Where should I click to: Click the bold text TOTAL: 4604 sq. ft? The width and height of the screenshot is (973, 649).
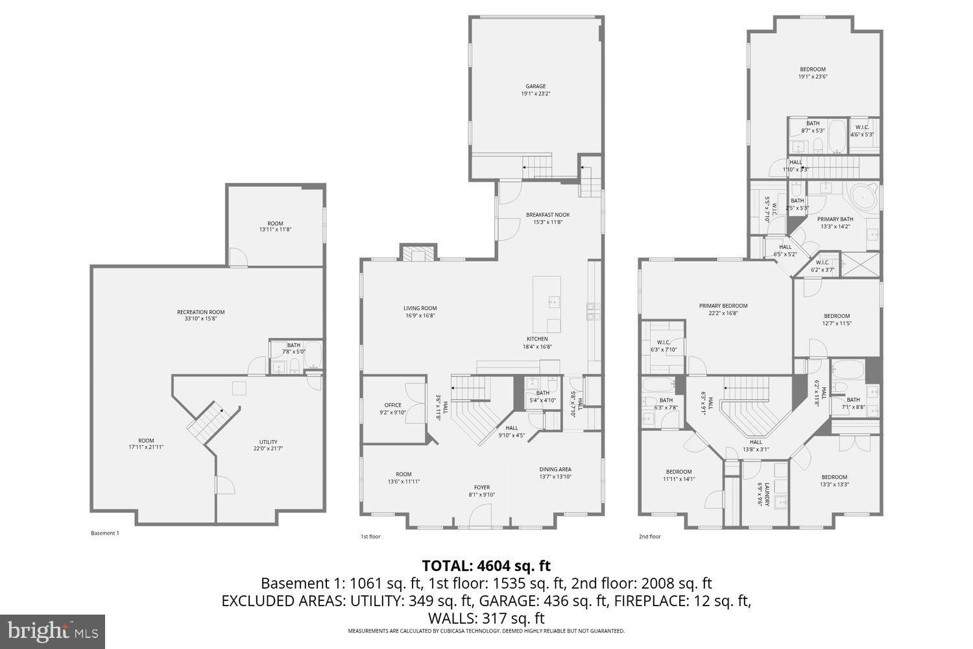pyautogui.click(x=486, y=565)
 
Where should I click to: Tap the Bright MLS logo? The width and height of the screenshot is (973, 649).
pyautogui.click(x=52, y=631)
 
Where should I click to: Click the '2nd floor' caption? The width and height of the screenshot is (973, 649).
pyautogui.click(x=650, y=537)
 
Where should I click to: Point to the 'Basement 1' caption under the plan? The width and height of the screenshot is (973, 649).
pyautogui.click(x=104, y=533)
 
